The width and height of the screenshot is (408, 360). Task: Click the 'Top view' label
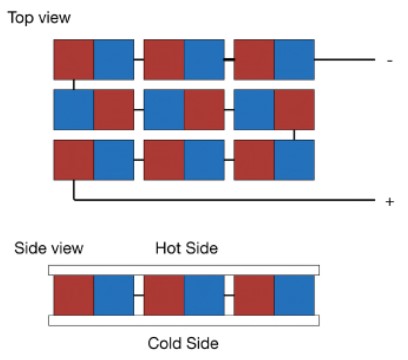click(x=39, y=18)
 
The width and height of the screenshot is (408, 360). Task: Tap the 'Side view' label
click(x=49, y=248)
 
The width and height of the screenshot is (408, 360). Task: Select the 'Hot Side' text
click(x=187, y=248)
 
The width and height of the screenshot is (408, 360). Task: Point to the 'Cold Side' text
click(x=183, y=343)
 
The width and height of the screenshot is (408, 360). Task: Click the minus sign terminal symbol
click(x=390, y=61)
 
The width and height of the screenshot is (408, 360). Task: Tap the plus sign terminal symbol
click(x=389, y=202)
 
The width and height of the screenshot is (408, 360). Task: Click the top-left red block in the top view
click(x=74, y=60)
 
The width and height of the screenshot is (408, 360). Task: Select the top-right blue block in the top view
click(x=294, y=60)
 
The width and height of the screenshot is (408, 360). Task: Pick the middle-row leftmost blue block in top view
click(x=74, y=110)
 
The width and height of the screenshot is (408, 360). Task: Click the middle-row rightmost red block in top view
click(x=294, y=110)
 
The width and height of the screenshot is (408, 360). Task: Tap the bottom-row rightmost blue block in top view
click(x=294, y=160)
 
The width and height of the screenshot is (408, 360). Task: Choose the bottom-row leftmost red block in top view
click(x=74, y=160)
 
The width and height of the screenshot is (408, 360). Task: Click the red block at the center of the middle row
click(x=204, y=110)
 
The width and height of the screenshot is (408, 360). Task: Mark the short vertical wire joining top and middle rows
click(x=74, y=85)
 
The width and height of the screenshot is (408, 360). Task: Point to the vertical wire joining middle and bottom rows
click(x=294, y=135)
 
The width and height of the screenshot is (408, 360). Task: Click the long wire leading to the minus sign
click(x=345, y=60)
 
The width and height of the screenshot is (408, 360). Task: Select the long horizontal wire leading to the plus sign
click(x=224, y=200)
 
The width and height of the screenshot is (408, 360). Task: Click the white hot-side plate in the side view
click(x=184, y=270)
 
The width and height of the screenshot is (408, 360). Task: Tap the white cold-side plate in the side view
click(x=184, y=320)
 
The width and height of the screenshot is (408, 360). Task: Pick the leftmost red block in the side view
click(x=74, y=295)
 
